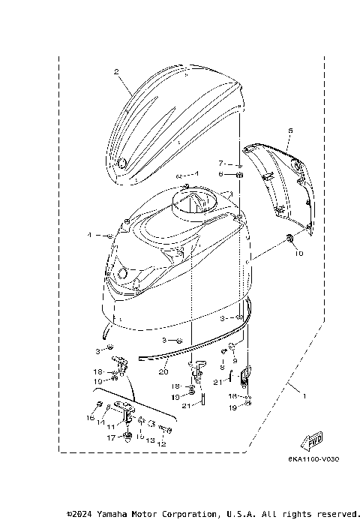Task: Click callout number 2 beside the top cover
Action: tap(117, 72)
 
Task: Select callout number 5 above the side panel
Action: tap(290, 131)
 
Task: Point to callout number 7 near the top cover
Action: tap(221, 163)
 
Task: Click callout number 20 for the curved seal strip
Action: tap(163, 371)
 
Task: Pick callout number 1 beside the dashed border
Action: tap(304, 393)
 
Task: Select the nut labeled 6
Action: tap(240, 176)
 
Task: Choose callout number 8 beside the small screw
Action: tap(222, 367)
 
